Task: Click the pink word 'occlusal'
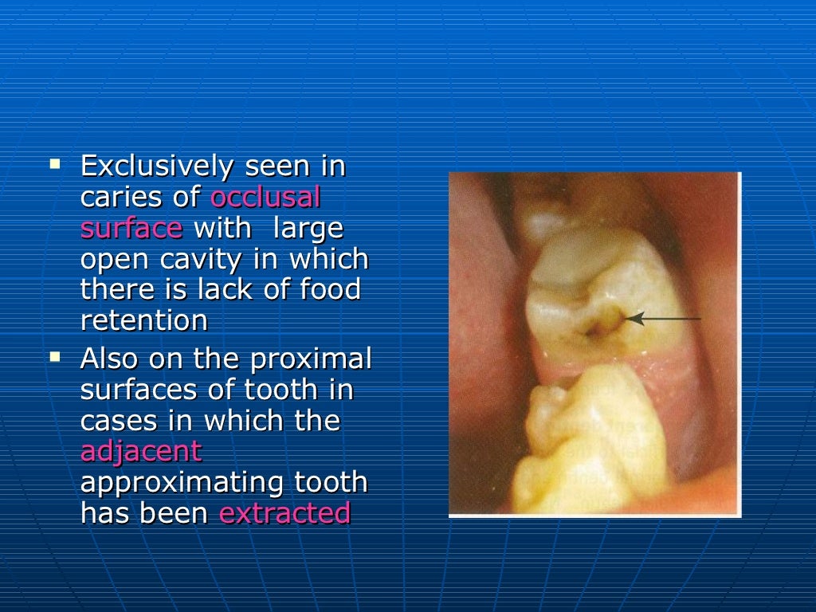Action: tap(265, 198)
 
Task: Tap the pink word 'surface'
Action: tap(131, 229)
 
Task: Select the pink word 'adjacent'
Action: tap(141, 452)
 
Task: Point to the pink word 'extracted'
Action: tap(284, 513)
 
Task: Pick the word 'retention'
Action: tap(143, 320)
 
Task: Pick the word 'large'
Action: tap(308, 229)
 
